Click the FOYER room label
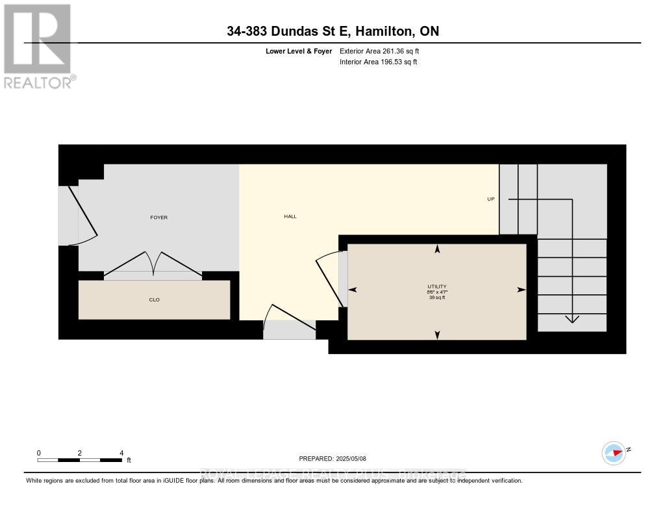pos(158,217)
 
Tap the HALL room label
pos(290,216)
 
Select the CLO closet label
pos(154,300)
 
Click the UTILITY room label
pos(437,287)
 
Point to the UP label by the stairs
pos(491,199)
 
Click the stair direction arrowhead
pos(571,318)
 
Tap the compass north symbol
pos(614,453)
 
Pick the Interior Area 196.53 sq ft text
pos(379,62)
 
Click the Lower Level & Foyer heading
pos(299,51)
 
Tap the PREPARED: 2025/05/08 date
pos(332,458)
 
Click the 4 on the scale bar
pos(121,452)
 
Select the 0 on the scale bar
pos(39,452)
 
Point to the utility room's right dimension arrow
pos(521,290)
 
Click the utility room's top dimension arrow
pos(437,248)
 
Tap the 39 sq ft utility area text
pos(437,298)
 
